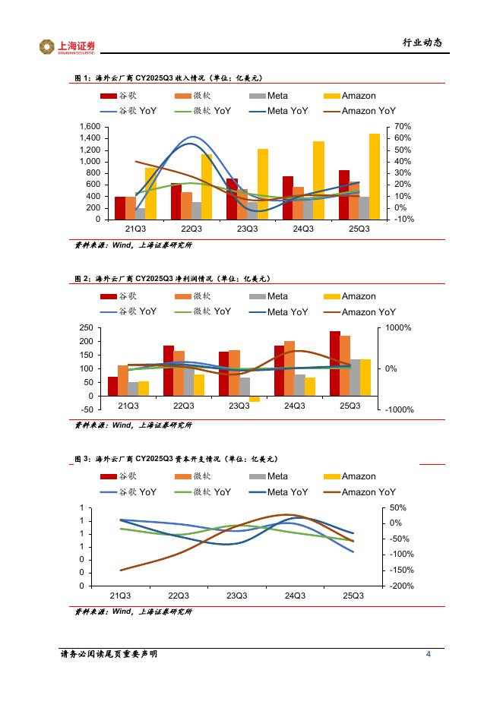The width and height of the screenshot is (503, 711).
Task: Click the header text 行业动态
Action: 422,43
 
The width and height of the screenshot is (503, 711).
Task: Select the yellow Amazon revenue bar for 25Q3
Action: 375,176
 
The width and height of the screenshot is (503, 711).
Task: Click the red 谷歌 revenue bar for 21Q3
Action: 120,207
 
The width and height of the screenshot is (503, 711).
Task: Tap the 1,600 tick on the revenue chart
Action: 89,126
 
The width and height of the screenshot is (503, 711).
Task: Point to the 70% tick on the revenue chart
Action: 403,126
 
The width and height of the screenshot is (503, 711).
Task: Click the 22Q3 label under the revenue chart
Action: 191,229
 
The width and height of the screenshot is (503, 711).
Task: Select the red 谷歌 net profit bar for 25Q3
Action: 335,363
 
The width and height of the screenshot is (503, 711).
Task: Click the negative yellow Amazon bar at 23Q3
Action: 255,399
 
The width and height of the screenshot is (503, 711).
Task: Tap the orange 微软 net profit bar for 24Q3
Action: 289,368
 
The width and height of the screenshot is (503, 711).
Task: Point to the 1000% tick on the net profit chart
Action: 399,327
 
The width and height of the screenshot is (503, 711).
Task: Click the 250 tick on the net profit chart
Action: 87,327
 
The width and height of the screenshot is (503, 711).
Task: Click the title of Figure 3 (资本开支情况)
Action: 175,459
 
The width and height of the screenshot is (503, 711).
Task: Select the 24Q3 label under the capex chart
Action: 294,596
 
